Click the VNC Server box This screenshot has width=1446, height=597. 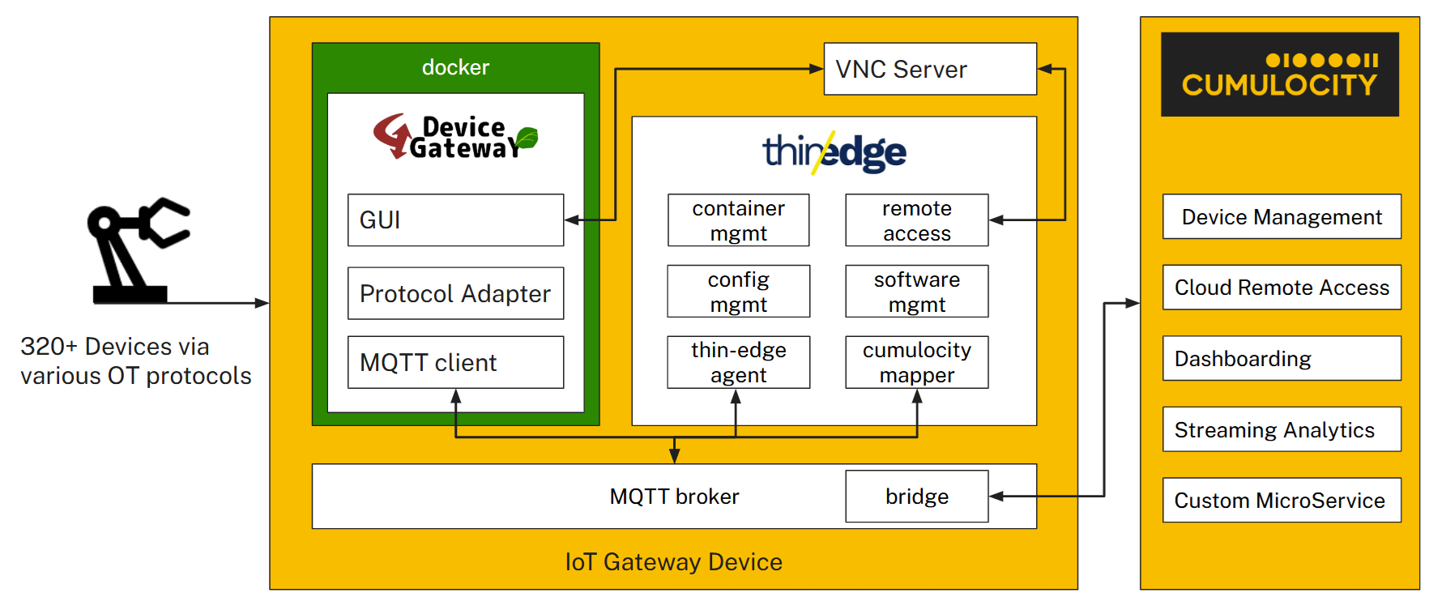[x=929, y=69]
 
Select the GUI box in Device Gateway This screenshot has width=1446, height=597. [x=455, y=220]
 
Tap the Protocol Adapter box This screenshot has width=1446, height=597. [x=455, y=293]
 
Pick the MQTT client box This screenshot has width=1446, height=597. [x=455, y=362]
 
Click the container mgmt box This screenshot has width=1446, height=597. [x=738, y=220]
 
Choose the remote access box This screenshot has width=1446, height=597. [x=916, y=220]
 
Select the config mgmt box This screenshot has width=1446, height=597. [x=738, y=292]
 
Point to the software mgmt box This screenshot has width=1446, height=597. [x=916, y=292]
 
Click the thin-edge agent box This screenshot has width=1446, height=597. [x=738, y=362]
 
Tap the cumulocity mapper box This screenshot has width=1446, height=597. [x=916, y=362]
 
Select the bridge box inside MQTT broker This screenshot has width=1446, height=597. [x=916, y=497]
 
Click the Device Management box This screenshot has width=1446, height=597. [x=1281, y=217]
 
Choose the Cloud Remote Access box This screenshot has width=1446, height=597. [x=1281, y=288]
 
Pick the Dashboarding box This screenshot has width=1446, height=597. [x=1281, y=358]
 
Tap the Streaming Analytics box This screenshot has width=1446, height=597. [x=1281, y=429]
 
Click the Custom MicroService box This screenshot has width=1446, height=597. [x=1281, y=500]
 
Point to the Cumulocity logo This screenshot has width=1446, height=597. [x=1279, y=75]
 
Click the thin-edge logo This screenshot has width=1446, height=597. [x=834, y=152]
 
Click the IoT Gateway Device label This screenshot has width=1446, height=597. [x=673, y=562]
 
